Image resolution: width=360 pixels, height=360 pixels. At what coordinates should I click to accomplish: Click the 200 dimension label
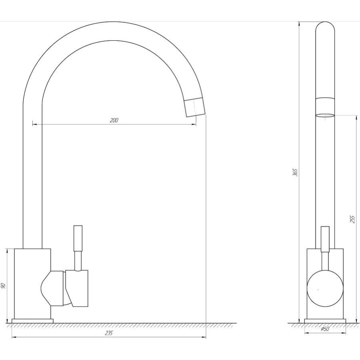114,120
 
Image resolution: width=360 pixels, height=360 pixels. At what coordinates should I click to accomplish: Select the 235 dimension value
108,333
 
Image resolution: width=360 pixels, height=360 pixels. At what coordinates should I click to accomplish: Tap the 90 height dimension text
3,286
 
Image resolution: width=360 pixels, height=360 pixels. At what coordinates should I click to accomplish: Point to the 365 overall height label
295,172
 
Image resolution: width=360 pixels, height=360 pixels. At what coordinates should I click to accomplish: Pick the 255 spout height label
352,219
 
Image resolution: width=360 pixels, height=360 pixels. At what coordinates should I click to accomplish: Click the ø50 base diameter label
325,329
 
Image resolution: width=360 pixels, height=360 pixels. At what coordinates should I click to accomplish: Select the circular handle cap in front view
325,288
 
